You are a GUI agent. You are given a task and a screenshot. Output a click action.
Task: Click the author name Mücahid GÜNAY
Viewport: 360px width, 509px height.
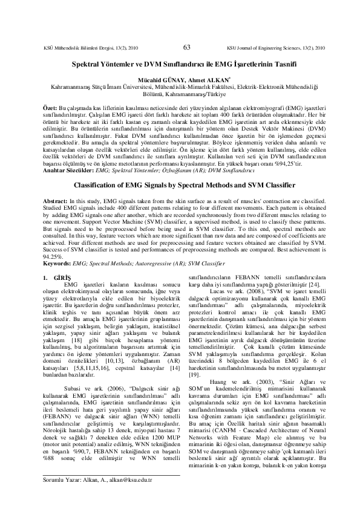[160, 78]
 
